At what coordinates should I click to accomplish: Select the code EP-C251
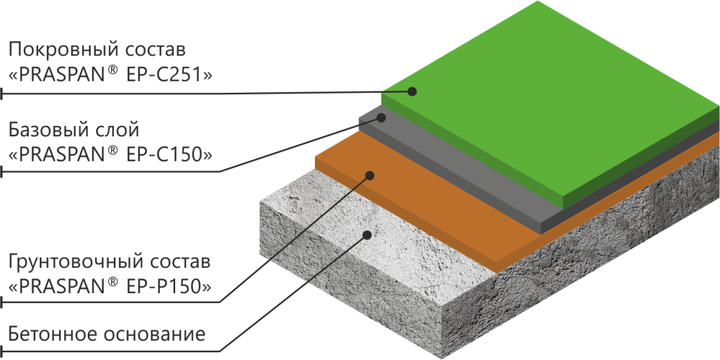(x=169, y=73)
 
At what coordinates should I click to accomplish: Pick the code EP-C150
(x=169, y=153)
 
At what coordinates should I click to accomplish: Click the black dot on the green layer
(x=413, y=91)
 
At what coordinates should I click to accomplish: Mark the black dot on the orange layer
(x=368, y=174)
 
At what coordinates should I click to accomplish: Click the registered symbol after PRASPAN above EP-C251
(x=112, y=70)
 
